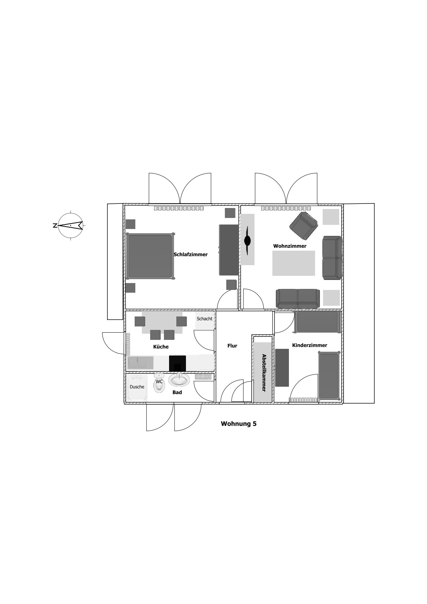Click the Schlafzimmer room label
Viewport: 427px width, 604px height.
(x=190, y=254)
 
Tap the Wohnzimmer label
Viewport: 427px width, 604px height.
(x=290, y=246)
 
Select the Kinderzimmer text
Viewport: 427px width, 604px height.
(x=309, y=345)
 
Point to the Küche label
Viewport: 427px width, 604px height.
(x=161, y=347)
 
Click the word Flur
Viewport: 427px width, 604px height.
(x=232, y=346)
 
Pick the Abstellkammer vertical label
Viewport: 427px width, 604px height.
(x=264, y=373)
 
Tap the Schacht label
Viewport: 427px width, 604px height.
(x=205, y=319)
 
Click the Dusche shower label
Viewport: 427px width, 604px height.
(x=137, y=387)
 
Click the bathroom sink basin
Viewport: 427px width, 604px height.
(x=179, y=380)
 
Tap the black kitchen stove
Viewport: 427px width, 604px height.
(x=177, y=363)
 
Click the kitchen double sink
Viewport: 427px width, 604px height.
(x=140, y=363)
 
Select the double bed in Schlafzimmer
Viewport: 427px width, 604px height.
(x=150, y=256)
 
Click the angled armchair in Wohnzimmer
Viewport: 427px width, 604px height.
(x=303, y=226)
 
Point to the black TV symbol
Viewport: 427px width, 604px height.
(x=247, y=240)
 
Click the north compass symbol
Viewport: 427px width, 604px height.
(x=71, y=225)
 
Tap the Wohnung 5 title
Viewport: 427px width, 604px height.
(x=239, y=424)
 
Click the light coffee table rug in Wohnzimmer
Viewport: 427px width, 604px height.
(x=293, y=263)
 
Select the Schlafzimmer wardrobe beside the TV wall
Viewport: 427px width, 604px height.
(x=229, y=250)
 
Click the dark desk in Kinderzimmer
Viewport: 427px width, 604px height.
(x=282, y=367)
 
